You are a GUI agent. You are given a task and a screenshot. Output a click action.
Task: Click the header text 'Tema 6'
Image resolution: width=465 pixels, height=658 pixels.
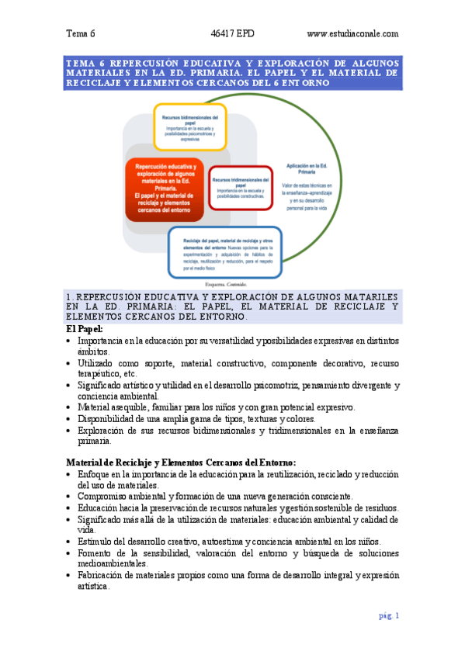(81, 33)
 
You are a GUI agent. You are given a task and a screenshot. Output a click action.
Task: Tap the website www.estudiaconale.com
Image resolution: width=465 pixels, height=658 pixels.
(352, 33)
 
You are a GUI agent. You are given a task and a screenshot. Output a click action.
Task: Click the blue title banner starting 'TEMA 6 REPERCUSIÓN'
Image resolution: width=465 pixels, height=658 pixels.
(232, 72)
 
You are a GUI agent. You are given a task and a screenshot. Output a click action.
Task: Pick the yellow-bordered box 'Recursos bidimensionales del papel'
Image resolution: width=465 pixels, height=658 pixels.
(189, 126)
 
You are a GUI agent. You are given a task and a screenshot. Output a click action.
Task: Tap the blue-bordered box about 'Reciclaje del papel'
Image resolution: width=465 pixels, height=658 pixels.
(237, 249)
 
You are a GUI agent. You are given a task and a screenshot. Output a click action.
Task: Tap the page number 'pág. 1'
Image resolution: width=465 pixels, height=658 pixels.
(389, 615)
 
